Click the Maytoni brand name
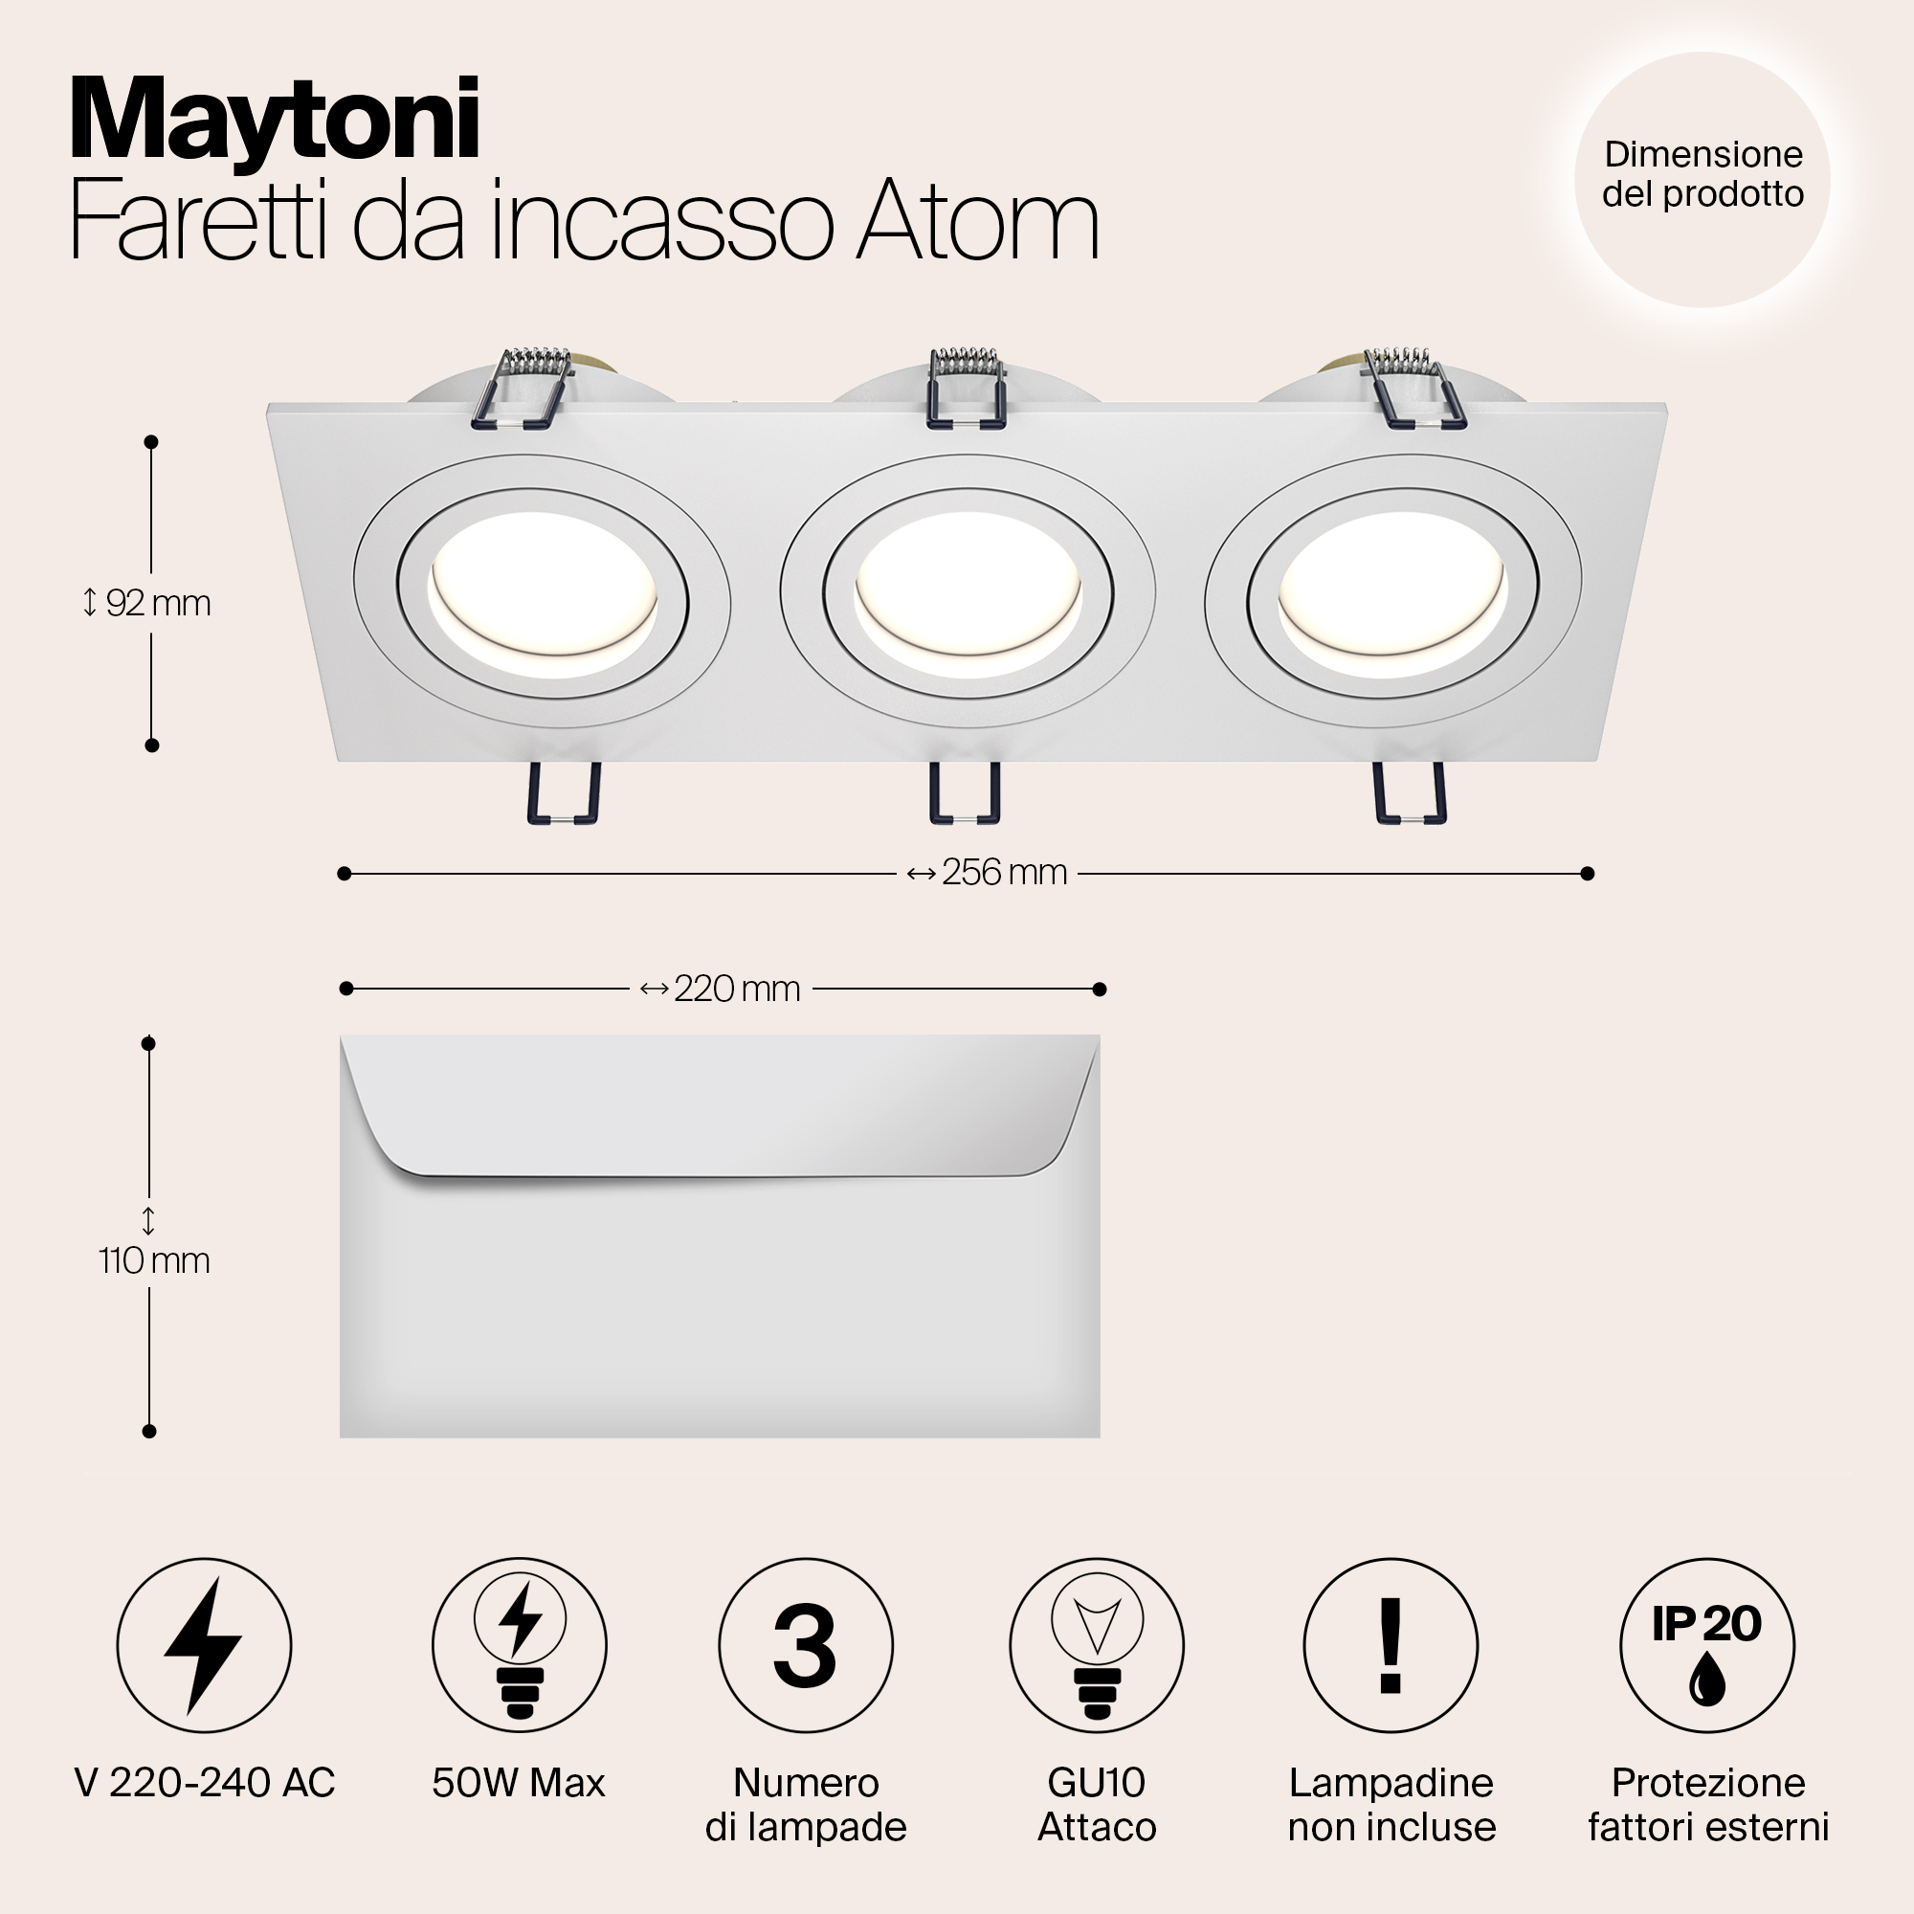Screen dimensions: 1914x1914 [275, 121]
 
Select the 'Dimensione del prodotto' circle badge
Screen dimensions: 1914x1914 [1702, 176]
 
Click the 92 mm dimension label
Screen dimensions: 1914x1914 [147, 602]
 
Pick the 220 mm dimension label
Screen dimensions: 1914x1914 [722, 989]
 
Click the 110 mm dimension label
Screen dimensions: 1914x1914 [153, 1260]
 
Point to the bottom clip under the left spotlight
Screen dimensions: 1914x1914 [564, 792]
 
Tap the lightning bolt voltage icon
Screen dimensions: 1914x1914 [204, 1644]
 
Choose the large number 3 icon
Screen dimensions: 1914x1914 [805, 1645]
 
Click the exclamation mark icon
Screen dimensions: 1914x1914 [1390, 1644]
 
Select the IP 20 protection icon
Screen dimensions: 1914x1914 [1706, 1644]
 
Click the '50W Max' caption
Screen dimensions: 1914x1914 [518, 1783]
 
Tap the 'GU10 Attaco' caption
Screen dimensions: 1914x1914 [1097, 1804]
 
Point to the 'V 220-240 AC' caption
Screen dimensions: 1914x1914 [204, 1783]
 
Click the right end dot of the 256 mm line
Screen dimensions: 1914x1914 [1587, 873]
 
